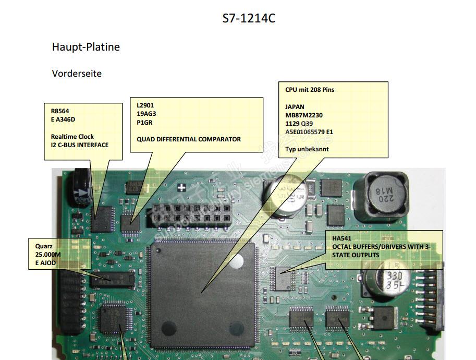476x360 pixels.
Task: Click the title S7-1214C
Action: click(x=249, y=19)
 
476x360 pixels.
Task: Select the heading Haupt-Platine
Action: click(x=86, y=47)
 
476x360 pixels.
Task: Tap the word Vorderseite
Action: click(x=77, y=74)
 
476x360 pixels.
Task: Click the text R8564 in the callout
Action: click(x=59, y=111)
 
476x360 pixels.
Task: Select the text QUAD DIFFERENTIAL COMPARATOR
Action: click(x=189, y=139)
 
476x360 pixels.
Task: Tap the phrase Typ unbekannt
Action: click(x=307, y=149)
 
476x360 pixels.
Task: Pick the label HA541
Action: click(x=342, y=238)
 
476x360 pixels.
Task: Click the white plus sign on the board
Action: click(x=181, y=188)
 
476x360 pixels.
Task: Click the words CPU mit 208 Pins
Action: click(x=310, y=90)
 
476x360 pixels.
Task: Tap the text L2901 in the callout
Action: click(x=145, y=105)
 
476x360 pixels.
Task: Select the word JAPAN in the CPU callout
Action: click(x=295, y=107)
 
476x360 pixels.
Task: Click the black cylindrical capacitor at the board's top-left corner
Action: click(x=82, y=186)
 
